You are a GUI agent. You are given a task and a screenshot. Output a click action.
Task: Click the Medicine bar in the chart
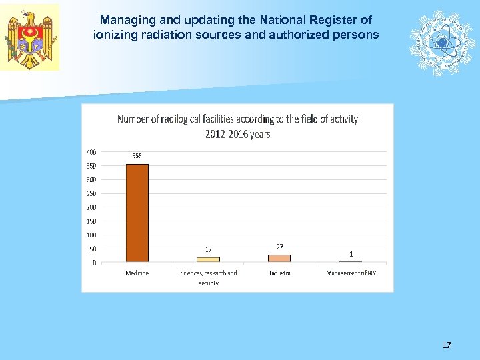point(137,213)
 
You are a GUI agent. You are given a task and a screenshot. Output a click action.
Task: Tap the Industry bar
point(279,258)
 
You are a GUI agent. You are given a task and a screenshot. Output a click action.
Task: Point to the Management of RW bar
point(351,261)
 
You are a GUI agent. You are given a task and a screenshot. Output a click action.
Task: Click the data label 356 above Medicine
point(137,156)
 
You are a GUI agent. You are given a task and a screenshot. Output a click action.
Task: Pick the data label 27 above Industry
point(280,246)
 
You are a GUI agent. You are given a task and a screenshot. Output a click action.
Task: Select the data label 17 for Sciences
point(208,250)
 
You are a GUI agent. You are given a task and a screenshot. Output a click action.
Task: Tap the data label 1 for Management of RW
point(351,253)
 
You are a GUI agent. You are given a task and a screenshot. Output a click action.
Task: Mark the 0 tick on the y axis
point(94,263)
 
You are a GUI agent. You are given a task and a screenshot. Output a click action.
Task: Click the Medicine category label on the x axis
point(137,273)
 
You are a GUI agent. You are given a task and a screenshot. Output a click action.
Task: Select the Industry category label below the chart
point(279,273)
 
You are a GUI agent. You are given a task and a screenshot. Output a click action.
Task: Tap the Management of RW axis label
point(351,273)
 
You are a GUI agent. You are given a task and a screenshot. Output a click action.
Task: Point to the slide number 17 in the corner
point(447,345)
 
